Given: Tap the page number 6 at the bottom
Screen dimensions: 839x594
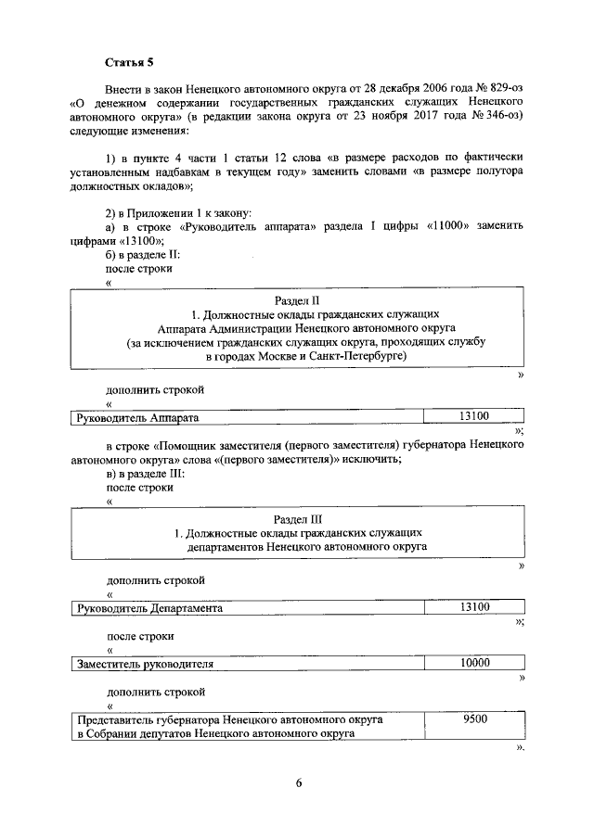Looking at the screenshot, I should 299,783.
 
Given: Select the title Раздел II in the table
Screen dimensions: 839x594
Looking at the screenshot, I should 298,301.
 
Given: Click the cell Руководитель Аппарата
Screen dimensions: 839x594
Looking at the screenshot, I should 137,418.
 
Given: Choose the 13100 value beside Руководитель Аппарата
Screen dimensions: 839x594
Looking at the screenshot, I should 474,417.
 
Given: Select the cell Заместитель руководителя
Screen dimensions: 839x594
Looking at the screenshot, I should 145,665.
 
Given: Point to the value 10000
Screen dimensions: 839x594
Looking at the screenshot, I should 474,664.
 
